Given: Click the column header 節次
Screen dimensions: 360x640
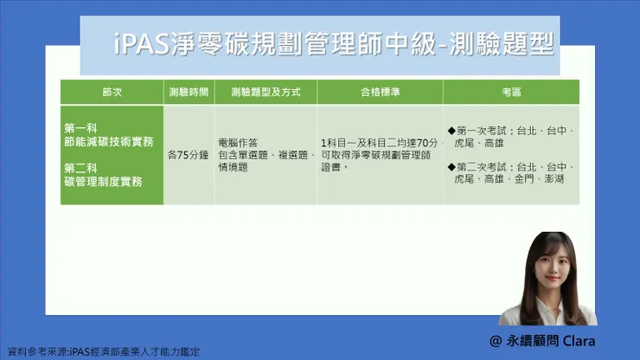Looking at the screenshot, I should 112,92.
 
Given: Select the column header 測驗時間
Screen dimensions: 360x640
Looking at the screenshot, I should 188,92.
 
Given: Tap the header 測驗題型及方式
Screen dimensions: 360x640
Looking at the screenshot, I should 264,92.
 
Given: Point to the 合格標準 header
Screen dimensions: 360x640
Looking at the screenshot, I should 380,92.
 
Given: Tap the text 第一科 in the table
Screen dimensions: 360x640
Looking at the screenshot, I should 80,127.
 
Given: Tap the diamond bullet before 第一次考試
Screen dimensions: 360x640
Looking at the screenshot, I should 451,131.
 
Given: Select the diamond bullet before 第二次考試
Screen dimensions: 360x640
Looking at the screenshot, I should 451,166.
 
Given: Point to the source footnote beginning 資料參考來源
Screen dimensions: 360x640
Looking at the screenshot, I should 104,352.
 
